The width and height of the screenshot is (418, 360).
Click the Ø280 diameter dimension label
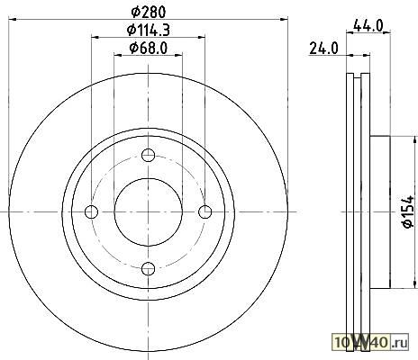[x=149, y=12]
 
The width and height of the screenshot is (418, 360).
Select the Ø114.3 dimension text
[x=149, y=30]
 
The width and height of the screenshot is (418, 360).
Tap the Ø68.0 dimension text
[x=149, y=48]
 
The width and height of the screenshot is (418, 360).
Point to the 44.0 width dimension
[x=368, y=25]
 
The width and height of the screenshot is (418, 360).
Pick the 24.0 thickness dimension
[x=323, y=49]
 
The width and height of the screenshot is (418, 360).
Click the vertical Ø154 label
[x=409, y=212]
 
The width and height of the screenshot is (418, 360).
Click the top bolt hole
[x=149, y=155]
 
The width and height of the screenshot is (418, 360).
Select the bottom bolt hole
[x=149, y=268]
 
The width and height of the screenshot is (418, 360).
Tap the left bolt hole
[x=91, y=211]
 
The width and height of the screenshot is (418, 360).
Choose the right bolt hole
[x=205, y=211]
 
